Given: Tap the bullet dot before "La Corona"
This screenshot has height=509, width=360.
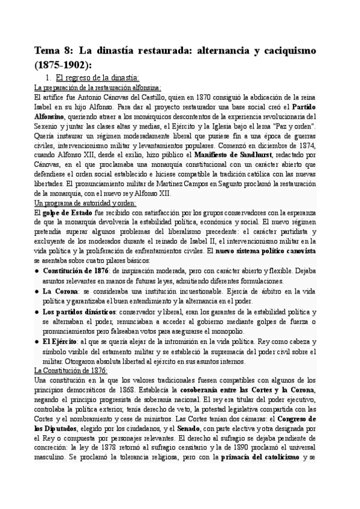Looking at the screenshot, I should (37, 291).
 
